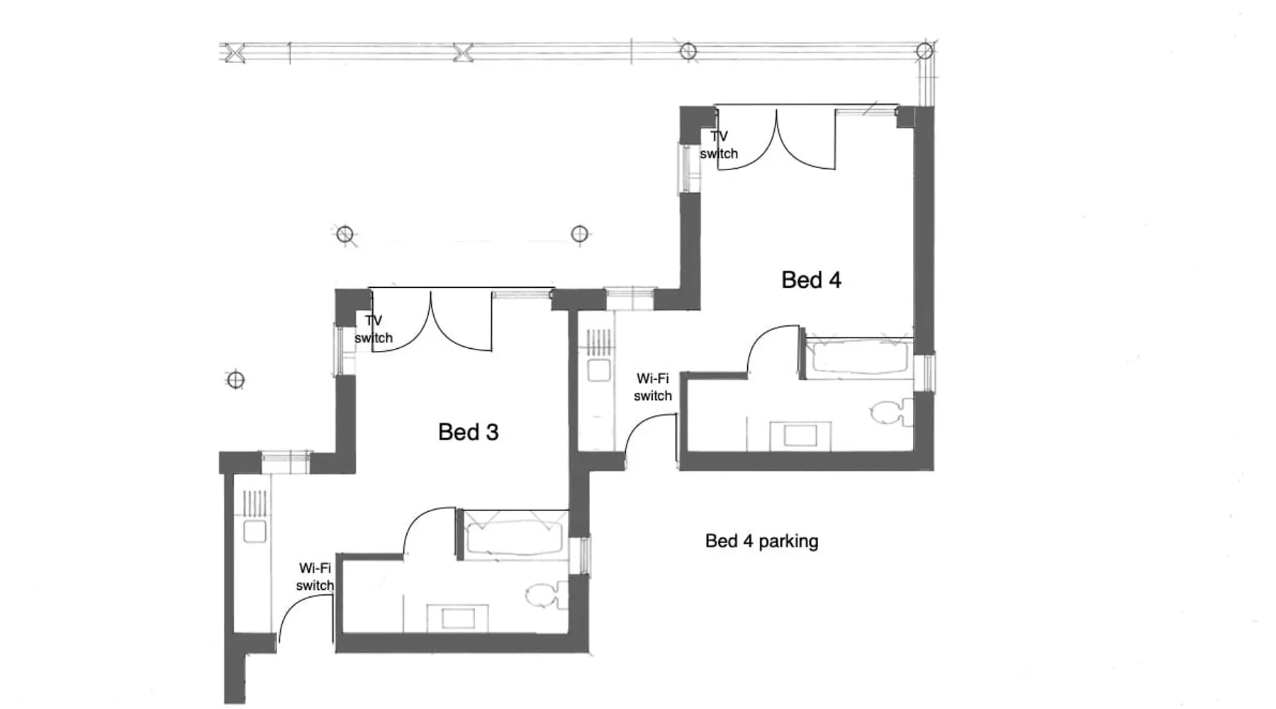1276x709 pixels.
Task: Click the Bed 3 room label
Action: (468, 432)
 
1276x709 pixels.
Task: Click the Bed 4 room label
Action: (811, 280)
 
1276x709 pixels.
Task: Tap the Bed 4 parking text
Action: (761, 541)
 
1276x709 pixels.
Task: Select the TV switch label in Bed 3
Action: (374, 329)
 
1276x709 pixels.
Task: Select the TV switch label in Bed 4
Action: (719, 145)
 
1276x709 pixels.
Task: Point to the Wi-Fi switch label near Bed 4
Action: (653, 387)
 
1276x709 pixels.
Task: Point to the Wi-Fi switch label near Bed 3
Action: (315, 576)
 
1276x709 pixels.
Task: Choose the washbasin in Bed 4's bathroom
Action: (801, 435)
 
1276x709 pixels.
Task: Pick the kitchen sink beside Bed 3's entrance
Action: (254, 531)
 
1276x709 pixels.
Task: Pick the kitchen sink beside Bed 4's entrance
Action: (600, 370)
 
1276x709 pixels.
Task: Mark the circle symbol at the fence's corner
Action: (924, 51)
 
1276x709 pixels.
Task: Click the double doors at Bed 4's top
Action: (776, 138)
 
